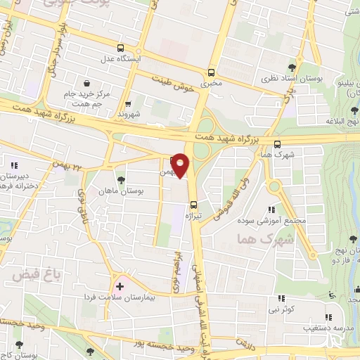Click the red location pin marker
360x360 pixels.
click(x=181, y=165)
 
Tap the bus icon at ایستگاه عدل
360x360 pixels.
click(x=120, y=48)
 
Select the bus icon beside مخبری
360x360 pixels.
click(x=212, y=72)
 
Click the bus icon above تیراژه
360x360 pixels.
click(x=193, y=205)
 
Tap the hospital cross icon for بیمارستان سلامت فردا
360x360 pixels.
click(x=119, y=286)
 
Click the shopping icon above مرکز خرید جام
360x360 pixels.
click(x=86, y=83)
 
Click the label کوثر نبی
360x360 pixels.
click(x=285, y=309)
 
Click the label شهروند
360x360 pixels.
click(x=131, y=112)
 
